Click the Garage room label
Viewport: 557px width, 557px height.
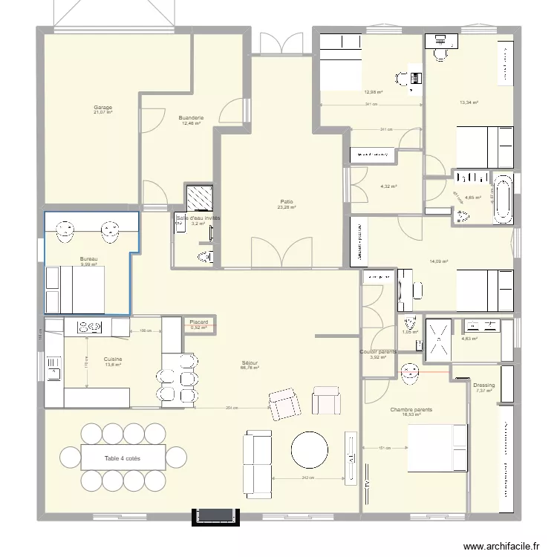(x=102, y=108)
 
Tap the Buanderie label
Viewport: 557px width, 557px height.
(x=191, y=117)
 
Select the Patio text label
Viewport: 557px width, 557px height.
(x=286, y=201)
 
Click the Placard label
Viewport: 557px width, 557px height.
(x=198, y=322)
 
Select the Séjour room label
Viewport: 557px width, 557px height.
(x=248, y=362)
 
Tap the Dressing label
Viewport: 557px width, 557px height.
(x=483, y=385)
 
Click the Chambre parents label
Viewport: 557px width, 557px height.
(x=411, y=409)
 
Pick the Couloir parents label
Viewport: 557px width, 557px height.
(x=379, y=351)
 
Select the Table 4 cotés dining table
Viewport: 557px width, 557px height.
(x=123, y=459)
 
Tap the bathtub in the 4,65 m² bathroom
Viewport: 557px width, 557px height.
(x=504, y=198)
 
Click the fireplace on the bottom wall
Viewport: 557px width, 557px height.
(x=217, y=517)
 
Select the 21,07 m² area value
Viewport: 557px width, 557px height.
(x=102, y=113)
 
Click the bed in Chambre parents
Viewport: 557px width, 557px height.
(x=436, y=448)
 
